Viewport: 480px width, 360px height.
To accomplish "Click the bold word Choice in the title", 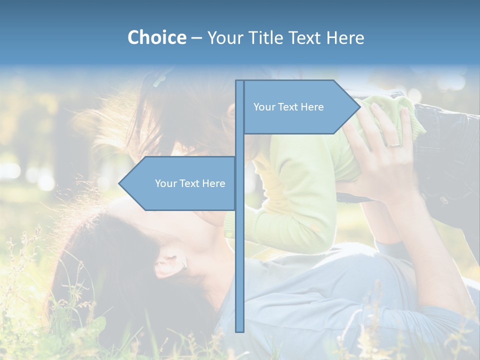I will [156, 37].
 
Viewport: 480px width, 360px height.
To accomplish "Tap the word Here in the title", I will [345, 37].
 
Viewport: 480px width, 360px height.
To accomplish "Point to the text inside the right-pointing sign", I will [288, 107].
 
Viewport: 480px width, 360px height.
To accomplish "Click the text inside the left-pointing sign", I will [190, 183].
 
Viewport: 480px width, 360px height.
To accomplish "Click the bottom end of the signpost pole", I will [240, 330].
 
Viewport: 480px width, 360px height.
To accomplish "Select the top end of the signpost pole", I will [240, 82].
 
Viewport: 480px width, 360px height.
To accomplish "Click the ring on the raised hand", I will [394, 144].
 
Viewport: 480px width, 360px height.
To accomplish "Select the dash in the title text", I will [196, 38].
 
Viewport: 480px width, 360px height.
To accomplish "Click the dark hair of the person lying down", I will [115, 260].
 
